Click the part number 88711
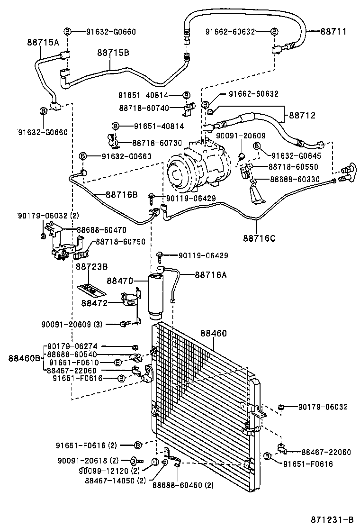pyautogui.click(x=333, y=32)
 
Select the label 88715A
pyautogui.click(x=42, y=43)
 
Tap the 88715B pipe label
pyautogui.click(x=113, y=53)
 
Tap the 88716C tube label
pyautogui.click(x=259, y=238)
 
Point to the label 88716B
pyautogui.click(x=121, y=194)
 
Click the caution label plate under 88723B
pyautogui.click(x=91, y=289)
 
